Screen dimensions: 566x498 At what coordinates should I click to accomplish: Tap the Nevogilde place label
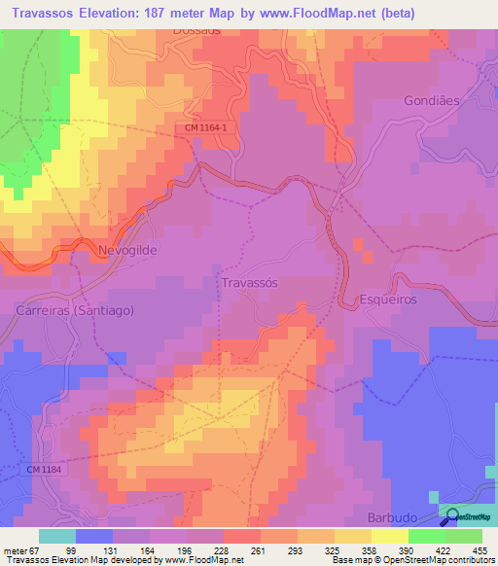pos(127,250)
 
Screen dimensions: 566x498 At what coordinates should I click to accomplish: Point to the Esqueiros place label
pos(388,300)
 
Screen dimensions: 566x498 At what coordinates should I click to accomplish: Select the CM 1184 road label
pos(45,470)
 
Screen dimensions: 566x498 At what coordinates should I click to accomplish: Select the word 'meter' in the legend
pos(18,549)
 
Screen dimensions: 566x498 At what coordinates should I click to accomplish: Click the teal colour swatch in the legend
pos(56,536)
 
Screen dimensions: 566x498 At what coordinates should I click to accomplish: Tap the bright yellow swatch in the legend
pos(389,536)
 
